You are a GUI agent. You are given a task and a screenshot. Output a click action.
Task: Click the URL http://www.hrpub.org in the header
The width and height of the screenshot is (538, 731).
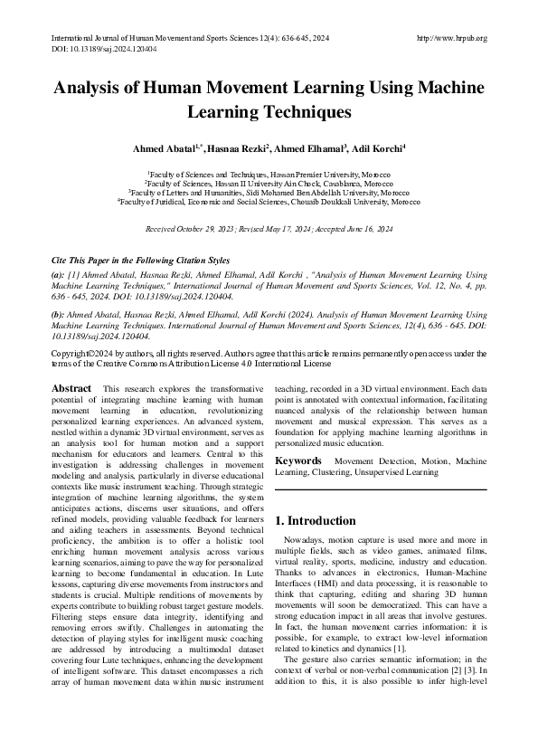tap(449, 38)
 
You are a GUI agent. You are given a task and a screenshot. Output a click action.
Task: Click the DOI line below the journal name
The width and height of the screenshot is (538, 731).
tap(99, 51)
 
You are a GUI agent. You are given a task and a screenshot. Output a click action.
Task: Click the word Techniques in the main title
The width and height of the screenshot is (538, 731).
tap(307, 112)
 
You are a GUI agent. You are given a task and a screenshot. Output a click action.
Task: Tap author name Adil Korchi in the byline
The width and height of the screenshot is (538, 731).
tap(379, 147)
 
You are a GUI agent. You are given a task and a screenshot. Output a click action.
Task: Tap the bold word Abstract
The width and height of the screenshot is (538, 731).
tap(71, 388)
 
